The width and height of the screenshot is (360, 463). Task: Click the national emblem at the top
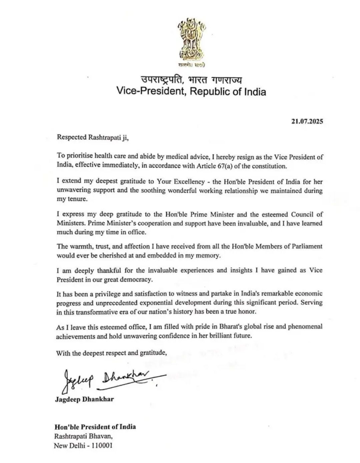coord(191,42)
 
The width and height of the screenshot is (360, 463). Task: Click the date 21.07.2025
coord(307,121)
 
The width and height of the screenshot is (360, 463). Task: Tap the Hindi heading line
coord(191,80)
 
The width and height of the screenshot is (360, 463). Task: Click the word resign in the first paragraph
coord(223,157)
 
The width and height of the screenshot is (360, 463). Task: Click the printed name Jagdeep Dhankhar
coord(84,399)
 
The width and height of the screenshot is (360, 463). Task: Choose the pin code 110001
coord(100,445)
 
